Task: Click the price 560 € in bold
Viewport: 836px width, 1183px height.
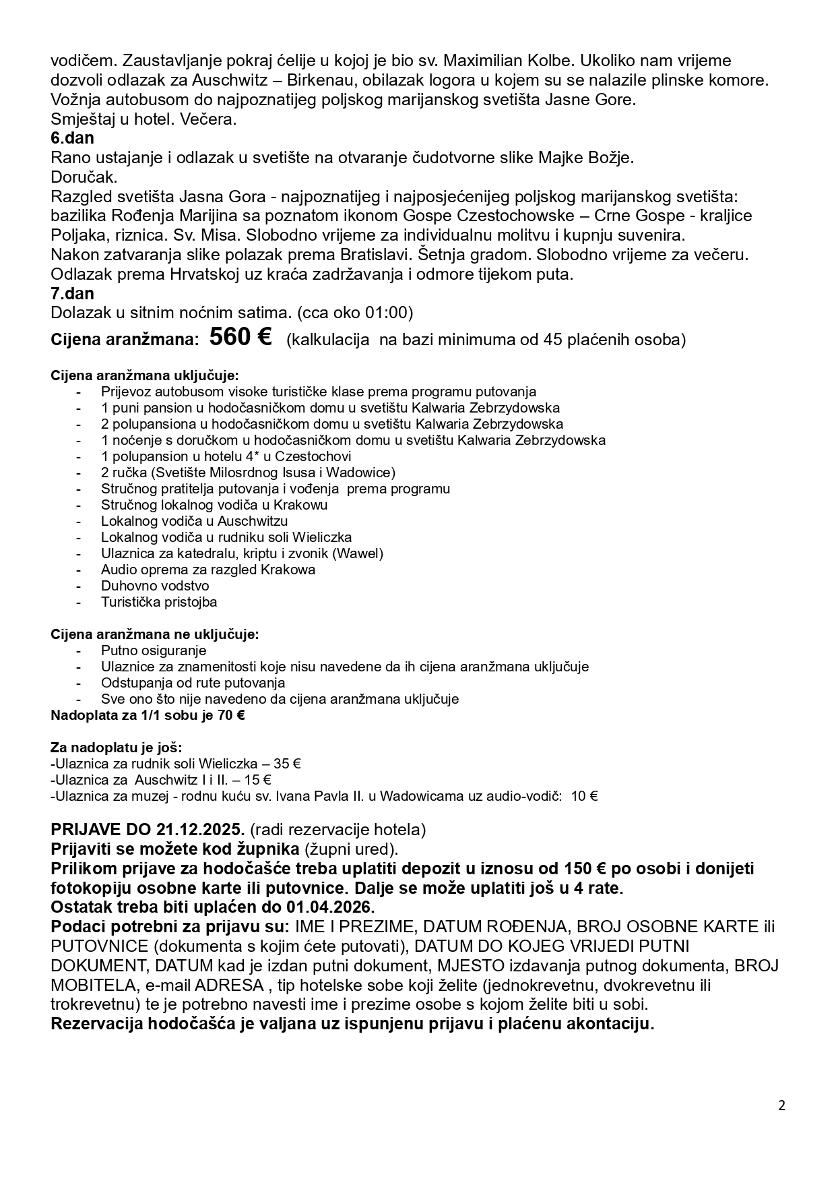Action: point(240,338)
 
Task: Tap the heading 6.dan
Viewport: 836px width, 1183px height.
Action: point(72,139)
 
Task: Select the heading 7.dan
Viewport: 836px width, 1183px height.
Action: point(72,294)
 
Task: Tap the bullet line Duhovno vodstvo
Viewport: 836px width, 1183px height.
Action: point(155,586)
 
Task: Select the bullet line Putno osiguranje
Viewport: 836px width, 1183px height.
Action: point(154,650)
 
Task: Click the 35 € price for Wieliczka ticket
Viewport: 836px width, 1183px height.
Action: point(287,764)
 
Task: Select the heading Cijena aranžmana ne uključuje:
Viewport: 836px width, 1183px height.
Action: point(155,634)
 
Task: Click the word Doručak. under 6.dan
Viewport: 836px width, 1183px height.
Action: point(84,177)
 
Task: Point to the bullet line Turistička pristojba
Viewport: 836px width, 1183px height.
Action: point(159,602)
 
